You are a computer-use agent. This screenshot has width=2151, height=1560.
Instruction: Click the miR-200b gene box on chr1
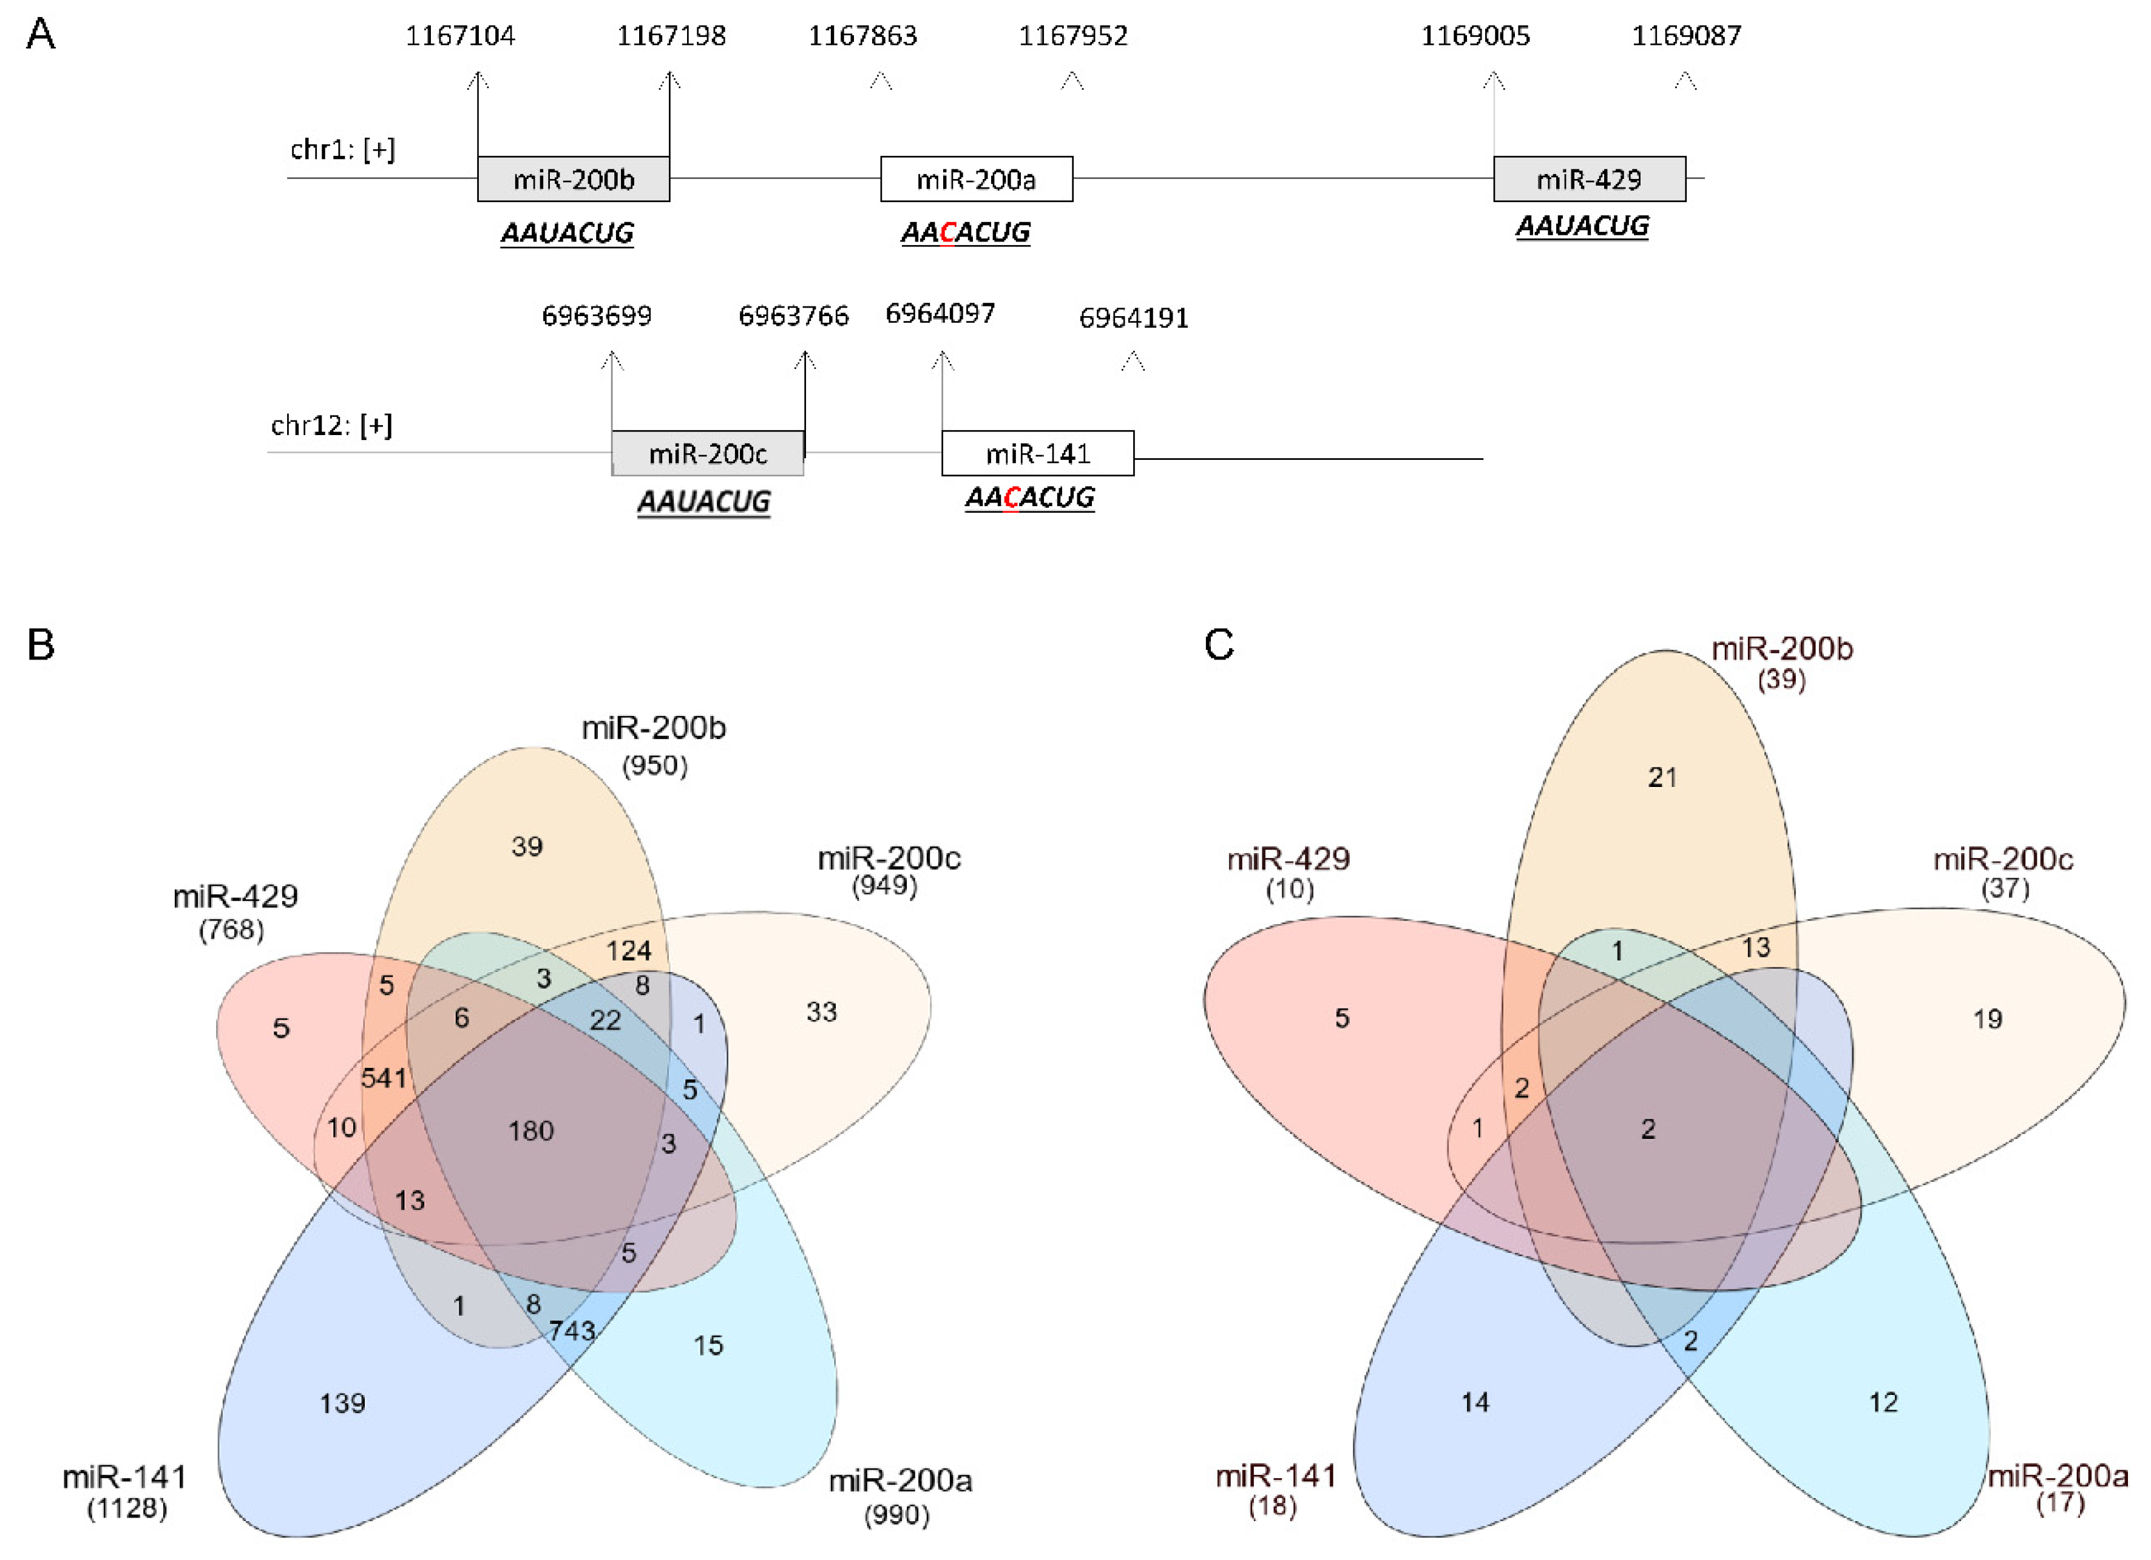coord(573,178)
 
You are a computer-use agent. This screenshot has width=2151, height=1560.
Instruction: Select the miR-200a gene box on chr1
coord(976,178)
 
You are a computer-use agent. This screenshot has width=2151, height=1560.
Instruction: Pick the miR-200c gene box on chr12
coord(708,453)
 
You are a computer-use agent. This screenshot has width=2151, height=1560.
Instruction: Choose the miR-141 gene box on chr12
coord(1037,453)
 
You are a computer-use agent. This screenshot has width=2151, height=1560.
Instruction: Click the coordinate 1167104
coord(460,36)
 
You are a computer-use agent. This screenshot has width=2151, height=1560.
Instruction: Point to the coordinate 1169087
coord(1686,36)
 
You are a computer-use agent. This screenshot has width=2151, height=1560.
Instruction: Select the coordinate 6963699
coord(597,315)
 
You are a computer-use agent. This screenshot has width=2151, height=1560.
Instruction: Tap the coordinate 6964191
coord(1133,318)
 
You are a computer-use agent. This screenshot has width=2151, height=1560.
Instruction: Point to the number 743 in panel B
coord(571,1331)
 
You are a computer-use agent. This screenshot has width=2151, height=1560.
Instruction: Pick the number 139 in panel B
coord(342,1403)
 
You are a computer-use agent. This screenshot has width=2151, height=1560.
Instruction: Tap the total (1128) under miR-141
coord(127,1508)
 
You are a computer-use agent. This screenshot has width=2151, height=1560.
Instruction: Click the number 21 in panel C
coord(1662,778)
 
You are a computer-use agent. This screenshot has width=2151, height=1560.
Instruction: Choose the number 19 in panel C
coord(1987,1019)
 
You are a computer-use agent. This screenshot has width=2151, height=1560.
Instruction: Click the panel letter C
coord(1219,645)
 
